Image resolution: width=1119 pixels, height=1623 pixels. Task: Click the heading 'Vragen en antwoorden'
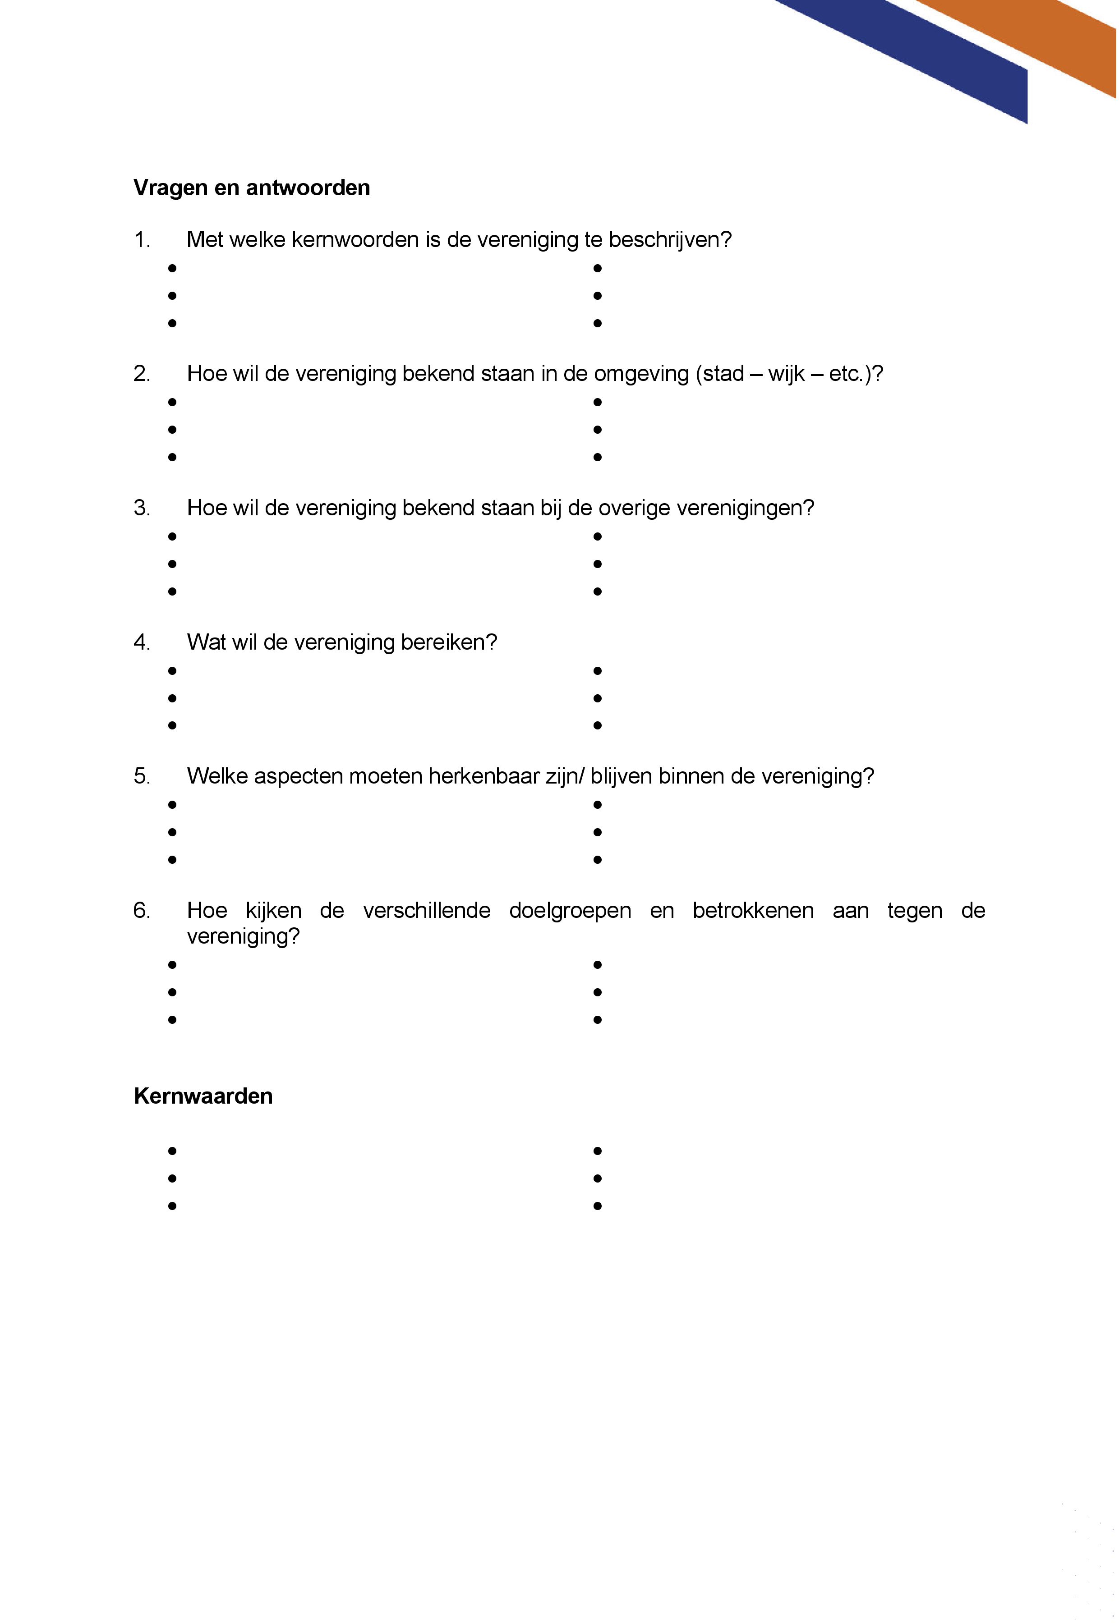pos(251,188)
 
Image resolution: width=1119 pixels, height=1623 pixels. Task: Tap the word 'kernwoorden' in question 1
pos(355,240)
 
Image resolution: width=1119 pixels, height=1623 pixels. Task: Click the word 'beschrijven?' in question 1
pos(670,240)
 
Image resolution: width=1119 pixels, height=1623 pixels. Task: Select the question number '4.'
pos(142,642)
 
